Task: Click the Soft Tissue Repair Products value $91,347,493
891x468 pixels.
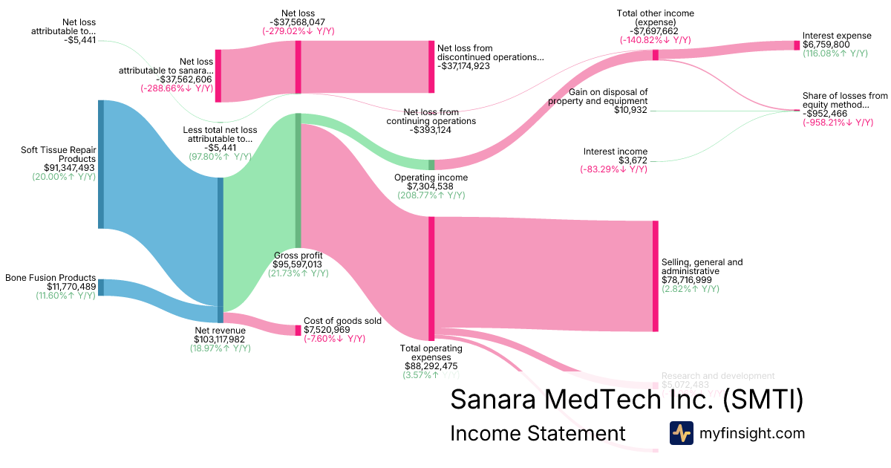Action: point(64,169)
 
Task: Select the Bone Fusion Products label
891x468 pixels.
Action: point(51,277)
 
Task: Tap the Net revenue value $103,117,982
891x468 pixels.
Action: point(219,339)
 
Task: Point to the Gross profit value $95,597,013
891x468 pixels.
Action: point(298,264)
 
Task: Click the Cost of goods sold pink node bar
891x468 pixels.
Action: point(298,330)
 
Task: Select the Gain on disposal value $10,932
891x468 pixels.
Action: point(630,110)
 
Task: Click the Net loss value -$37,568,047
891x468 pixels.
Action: point(298,22)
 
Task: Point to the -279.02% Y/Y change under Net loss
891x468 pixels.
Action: point(298,32)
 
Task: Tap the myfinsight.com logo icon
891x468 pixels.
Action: point(681,433)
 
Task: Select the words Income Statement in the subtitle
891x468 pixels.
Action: point(538,433)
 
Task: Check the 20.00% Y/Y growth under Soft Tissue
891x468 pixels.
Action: point(64,178)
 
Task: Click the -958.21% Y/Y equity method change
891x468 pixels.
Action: point(838,123)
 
